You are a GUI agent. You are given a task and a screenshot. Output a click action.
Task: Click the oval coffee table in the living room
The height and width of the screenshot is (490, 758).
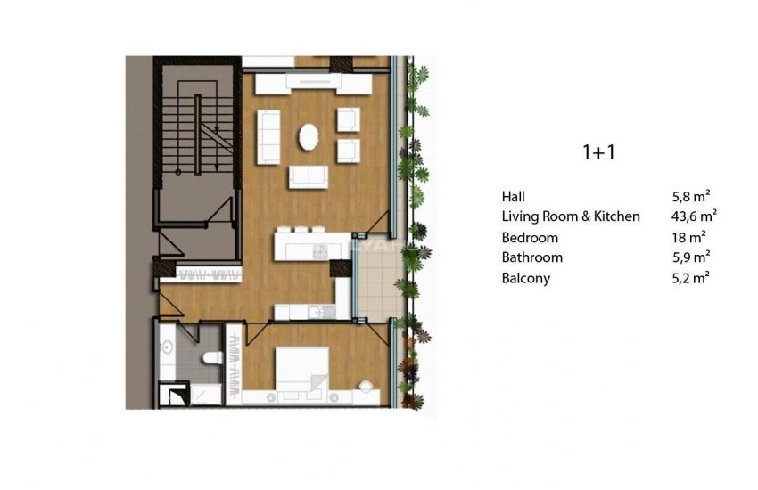[309, 138]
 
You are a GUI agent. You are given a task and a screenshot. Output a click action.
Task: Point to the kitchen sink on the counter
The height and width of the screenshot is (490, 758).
[317, 312]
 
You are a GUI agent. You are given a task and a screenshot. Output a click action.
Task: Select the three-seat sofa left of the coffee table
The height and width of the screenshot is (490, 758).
[268, 136]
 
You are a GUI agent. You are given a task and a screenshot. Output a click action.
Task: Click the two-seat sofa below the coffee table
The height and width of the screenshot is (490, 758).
[308, 176]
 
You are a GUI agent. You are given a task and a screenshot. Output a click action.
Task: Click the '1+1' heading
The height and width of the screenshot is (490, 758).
[599, 152]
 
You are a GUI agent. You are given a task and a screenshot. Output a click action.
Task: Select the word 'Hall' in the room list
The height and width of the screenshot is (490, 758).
[514, 196]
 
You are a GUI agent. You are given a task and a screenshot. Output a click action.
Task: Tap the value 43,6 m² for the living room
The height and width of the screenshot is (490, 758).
[694, 216]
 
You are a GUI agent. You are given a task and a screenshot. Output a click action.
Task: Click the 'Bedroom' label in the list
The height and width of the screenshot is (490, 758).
[530, 237]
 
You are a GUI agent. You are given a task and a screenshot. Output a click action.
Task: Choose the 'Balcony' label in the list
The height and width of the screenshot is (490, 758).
[526, 278]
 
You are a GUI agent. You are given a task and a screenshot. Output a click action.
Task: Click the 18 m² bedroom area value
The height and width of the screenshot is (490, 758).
[688, 237]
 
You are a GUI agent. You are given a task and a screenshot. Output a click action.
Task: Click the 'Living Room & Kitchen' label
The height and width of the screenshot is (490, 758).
[571, 216]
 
